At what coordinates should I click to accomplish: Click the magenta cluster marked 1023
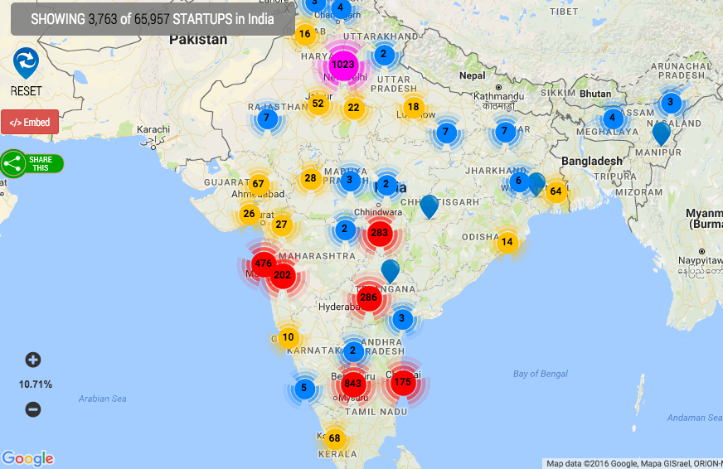(x=342, y=64)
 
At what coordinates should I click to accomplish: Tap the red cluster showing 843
(x=353, y=383)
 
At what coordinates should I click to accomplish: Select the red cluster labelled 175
(x=403, y=382)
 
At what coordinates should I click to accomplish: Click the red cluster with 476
(x=264, y=264)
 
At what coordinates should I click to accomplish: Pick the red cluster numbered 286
(x=369, y=297)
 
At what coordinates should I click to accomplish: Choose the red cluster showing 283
(x=380, y=233)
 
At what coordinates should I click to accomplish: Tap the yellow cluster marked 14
(x=507, y=242)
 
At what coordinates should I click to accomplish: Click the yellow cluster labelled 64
(x=556, y=191)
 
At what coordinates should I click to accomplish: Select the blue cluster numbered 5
(x=304, y=388)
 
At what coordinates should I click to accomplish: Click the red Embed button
(x=30, y=122)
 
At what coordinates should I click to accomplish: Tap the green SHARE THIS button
(x=32, y=163)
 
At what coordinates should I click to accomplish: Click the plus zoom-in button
(x=33, y=360)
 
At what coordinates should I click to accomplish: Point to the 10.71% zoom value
(x=36, y=384)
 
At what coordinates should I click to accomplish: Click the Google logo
(x=27, y=458)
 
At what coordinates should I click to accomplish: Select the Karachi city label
(x=153, y=129)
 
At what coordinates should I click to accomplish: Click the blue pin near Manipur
(x=661, y=132)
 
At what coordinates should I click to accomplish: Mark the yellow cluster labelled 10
(x=288, y=337)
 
